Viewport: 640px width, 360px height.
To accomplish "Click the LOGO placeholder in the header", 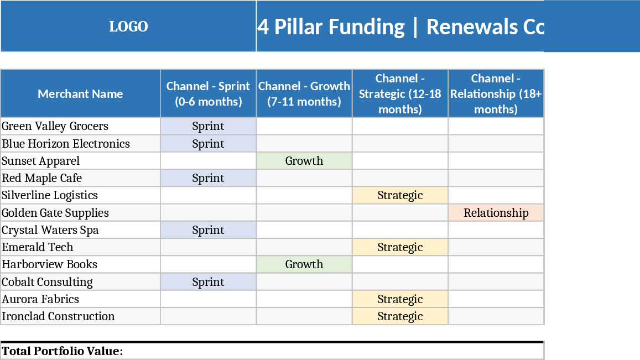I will [128, 27].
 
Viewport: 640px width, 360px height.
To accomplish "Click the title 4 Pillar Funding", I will [331, 27].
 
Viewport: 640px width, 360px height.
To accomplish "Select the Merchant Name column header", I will [80, 93].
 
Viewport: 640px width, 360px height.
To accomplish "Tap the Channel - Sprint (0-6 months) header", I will [208, 93].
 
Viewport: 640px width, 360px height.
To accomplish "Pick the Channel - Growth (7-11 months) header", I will [304, 93].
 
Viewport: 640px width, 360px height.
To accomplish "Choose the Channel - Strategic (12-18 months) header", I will [400, 93].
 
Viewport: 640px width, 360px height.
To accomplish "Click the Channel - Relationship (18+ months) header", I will [496, 93].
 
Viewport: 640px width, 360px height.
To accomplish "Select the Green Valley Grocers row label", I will [55, 126].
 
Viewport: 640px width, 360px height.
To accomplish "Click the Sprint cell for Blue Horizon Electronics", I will [208, 144].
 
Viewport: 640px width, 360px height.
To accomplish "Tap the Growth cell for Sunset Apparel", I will [304, 161].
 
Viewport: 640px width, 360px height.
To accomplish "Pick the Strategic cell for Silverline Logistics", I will [400, 195].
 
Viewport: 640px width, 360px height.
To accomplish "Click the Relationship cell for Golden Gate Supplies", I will [496, 213].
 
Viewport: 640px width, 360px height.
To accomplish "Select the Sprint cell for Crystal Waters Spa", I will [208, 230].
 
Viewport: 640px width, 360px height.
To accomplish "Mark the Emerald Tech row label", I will [38, 247].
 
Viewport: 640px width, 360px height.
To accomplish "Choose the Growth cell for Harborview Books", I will [304, 264].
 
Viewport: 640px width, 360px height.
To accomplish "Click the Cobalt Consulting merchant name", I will [48, 282].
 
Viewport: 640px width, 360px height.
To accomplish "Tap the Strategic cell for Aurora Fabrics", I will [400, 299].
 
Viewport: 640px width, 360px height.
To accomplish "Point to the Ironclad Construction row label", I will [59, 316].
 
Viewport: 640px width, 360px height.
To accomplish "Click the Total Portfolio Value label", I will [63, 351].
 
